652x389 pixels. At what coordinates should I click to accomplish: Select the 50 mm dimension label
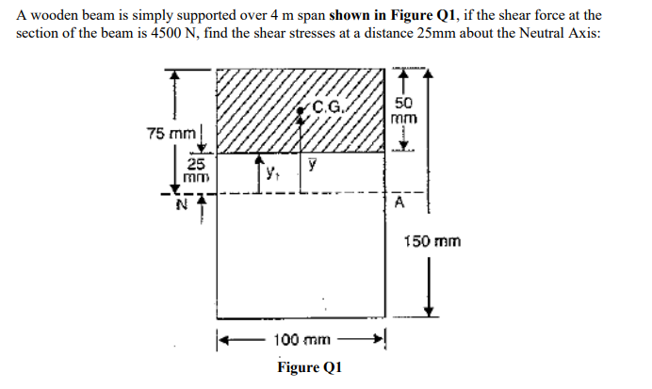point(404,112)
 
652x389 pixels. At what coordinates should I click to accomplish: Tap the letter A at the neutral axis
point(399,203)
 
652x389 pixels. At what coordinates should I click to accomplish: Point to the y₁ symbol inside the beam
point(271,172)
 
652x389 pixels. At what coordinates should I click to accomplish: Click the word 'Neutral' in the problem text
point(515,31)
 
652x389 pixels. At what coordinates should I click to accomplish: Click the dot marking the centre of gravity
point(301,111)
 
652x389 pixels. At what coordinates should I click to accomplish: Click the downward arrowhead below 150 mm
point(431,311)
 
